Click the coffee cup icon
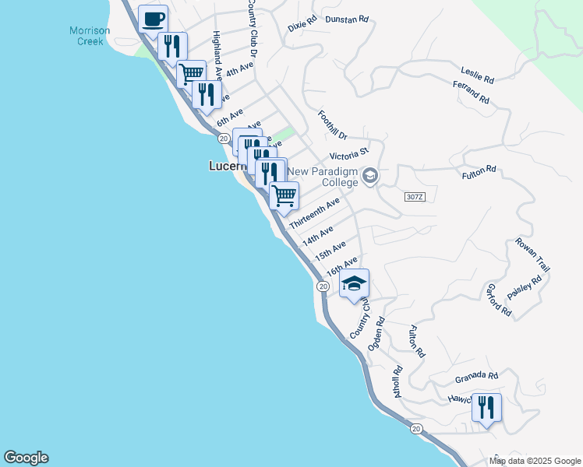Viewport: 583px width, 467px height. coord(153,18)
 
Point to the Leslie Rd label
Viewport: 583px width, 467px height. coord(478,75)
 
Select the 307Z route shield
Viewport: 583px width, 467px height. coord(415,196)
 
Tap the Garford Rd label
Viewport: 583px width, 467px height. coord(497,300)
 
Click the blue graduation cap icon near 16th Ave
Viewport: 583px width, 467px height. coord(354,283)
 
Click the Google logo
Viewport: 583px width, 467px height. coord(26,458)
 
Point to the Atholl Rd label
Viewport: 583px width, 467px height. coord(397,382)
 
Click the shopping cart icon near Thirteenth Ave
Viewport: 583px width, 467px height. coord(284,195)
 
